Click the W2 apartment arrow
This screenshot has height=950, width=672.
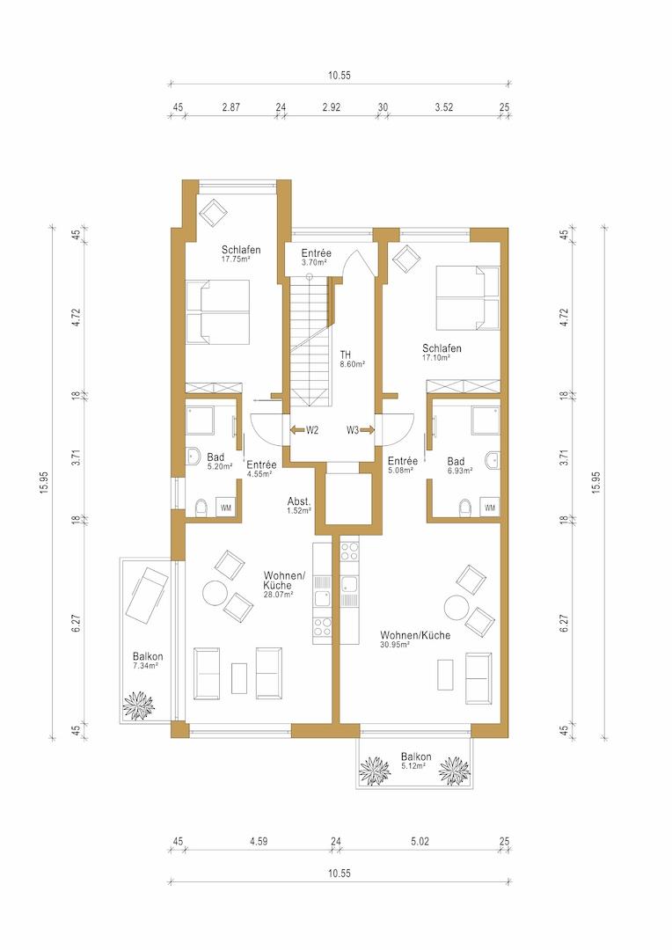[x=297, y=430]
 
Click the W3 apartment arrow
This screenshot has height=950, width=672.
[x=367, y=430]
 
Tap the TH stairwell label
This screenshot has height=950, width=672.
[x=346, y=355]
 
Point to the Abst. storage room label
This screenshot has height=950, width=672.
[x=299, y=501]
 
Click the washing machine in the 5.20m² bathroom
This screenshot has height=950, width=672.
[x=226, y=508]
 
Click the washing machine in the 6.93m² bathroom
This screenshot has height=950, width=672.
[x=490, y=508]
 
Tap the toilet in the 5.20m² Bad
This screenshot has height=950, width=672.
[x=201, y=508]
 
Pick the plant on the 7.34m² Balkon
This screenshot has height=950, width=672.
[x=139, y=705]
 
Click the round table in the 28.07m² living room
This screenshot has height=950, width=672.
[x=215, y=593]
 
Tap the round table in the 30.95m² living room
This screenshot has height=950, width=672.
[x=457, y=606]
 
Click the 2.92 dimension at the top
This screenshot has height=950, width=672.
[x=332, y=107]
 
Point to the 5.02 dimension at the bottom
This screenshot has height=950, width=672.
[x=420, y=841]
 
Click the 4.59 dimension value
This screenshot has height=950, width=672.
[x=258, y=841]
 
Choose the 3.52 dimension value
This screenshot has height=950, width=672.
[x=444, y=107]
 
